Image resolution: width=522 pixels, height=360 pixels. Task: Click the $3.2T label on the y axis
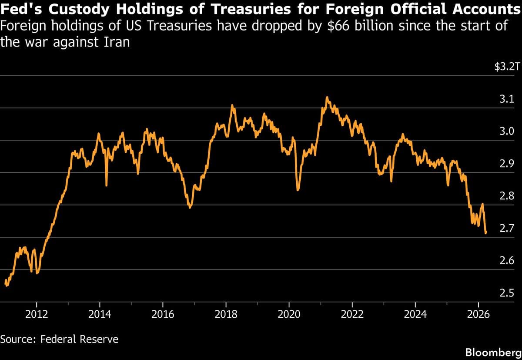click(x=507, y=67)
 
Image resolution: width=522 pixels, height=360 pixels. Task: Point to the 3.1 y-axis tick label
click(x=508, y=99)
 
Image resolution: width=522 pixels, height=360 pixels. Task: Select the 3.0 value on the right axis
click(x=508, y=131)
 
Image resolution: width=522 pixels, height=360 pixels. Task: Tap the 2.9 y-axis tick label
click(x=508, y=164)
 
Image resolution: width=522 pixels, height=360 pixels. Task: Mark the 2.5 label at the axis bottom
click(x=508, y=293)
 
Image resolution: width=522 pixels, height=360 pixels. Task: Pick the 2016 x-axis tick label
click(x=163, y=314)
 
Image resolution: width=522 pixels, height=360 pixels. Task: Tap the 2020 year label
click(x=289, y=314)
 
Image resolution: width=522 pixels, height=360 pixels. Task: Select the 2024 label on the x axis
click(x=415, y=314)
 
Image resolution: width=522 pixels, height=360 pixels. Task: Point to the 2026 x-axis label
click(x=478, y=314)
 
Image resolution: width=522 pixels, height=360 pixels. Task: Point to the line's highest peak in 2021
click(x=327, y=97)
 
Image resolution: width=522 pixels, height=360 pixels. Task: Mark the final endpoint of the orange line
click(x=485, y=233)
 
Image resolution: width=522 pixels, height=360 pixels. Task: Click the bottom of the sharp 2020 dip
click(x=298, y=190)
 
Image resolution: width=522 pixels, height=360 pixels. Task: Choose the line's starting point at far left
click(x=5, y=282)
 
